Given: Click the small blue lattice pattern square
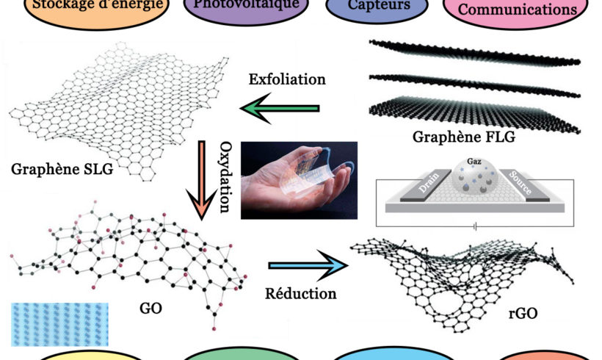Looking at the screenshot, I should [59, 323].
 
